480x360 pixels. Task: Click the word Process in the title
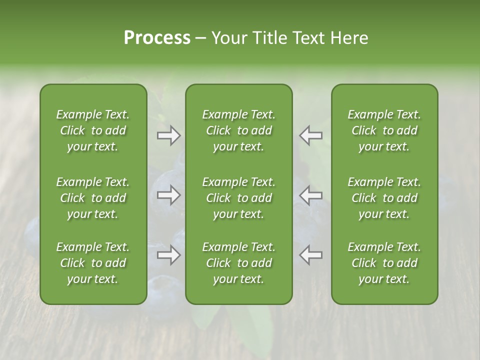tap(157, 38)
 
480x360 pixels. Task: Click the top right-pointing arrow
tap(169, 135)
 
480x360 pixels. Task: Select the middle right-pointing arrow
tap(169, 195)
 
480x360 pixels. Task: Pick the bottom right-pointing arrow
tap(169, 255)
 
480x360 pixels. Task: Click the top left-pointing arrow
tap(311, 135)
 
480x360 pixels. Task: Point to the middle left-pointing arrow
tap(311, 195)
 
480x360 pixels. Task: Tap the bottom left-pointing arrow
tap(311, 255)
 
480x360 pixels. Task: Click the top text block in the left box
tap(93, 130)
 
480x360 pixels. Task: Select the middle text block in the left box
tap(93, 198)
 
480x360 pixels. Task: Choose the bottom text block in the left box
tap(93, 263)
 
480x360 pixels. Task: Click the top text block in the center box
tap(238, 130)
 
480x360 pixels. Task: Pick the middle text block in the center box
tap(238, 198)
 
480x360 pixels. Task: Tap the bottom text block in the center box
tap(238, 263)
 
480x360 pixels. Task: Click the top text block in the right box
tap(384, 130)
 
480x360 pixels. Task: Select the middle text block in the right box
tap(384, 198)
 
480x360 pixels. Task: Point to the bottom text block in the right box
tap(384, 263)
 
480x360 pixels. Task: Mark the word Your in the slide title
tap(227, 38)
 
